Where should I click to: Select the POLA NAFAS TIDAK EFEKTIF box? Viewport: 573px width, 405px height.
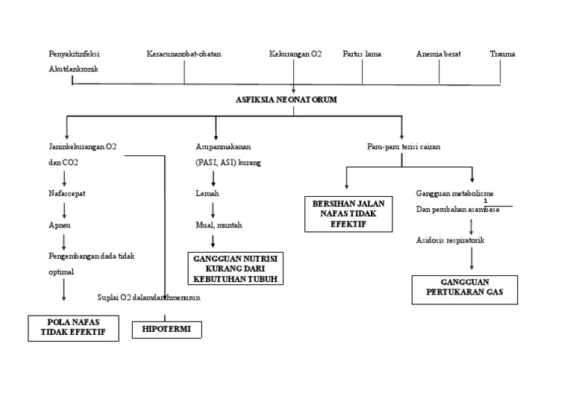tap(73, 327)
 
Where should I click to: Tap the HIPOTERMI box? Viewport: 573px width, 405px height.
tap(166, 330)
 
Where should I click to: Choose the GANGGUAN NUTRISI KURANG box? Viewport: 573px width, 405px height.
tap(235, 269)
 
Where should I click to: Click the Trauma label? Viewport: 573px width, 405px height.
tap(502, 54)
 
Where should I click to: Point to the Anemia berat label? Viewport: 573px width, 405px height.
tap(438, 54)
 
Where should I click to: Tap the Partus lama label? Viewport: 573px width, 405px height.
tap(362, 54)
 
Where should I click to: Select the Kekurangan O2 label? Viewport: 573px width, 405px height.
tap(295, 54)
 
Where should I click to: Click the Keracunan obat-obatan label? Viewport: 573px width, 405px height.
tap(184, 54)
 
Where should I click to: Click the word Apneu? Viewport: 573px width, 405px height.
tap(59, 225)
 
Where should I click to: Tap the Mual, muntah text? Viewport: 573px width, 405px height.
tap(219, 225)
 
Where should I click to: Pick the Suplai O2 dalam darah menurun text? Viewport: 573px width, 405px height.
tap(148, 297)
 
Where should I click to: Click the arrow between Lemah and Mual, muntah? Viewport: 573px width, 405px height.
tap(213, 209)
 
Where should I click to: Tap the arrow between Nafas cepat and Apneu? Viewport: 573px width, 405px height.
tap(64, 209)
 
